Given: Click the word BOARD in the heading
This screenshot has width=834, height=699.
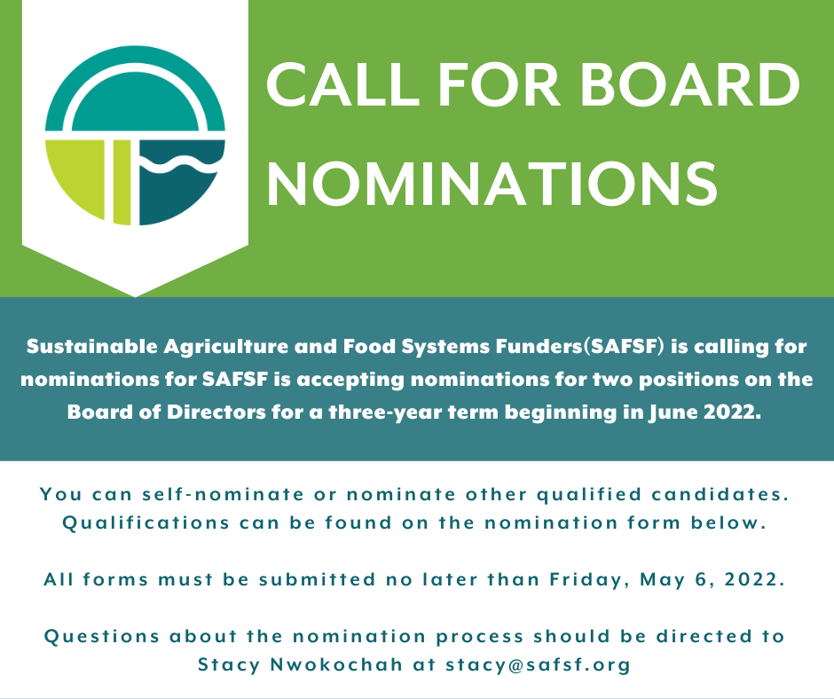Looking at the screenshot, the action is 689,84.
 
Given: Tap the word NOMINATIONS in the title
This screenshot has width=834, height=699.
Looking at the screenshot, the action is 492,184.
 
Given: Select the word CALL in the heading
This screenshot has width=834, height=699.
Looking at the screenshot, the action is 343,84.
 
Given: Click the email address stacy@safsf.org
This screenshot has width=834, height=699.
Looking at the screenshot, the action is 538,664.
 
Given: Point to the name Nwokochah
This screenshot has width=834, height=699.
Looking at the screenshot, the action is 336,664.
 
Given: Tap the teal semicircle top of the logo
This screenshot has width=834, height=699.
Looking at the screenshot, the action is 135,89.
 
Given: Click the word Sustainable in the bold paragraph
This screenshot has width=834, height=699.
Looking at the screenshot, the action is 92,346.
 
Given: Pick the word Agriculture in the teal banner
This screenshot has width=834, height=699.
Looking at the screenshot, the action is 225,348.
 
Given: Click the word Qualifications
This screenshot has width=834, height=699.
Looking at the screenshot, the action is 146,522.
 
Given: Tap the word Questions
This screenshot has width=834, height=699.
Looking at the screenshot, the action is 102,636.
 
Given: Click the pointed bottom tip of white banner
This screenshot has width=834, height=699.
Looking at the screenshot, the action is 135,296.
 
